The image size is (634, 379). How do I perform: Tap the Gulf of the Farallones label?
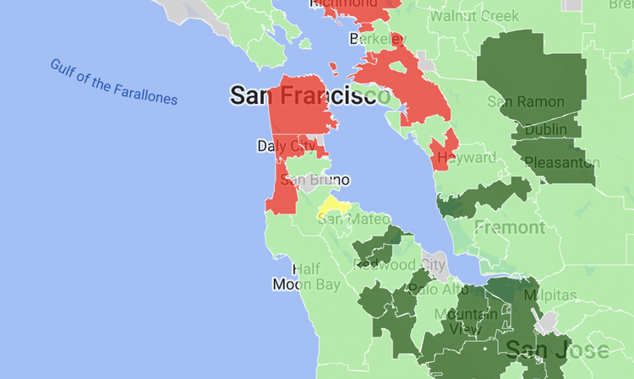[113, 82]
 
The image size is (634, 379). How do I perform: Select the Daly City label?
[292, 146]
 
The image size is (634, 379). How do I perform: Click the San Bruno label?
[314, 180]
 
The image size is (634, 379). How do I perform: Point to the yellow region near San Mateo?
[333, 207]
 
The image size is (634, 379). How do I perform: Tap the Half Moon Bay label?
[306, 277]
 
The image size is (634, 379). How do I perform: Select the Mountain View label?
[465, 322]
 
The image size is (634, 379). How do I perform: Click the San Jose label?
[557, 349]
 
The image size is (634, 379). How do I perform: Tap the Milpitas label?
[550, 295]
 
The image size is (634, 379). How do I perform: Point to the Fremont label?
[510, 227]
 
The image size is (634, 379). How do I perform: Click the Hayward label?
[466, 158]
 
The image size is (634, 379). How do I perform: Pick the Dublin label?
[546, 130]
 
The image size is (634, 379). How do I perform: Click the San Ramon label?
[525, 101]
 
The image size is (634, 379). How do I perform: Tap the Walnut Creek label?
[473, 16]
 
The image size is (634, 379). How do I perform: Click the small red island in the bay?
[335, 68]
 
